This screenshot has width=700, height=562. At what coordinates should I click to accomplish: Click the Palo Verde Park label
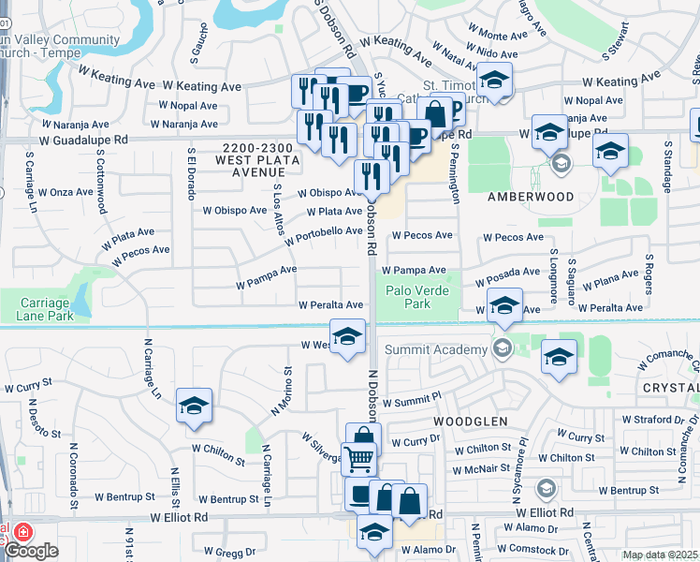[x=417, y=297]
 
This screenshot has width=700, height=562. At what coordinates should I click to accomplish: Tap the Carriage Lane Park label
[x=44, y=309]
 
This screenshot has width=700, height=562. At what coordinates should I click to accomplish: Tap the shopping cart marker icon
[x=358, y=459]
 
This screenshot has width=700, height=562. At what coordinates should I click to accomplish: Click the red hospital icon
[x=21, y=531]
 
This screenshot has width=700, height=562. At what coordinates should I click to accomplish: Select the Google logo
[x=31, y=551]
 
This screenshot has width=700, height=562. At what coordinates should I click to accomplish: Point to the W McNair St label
[x=484, y=471]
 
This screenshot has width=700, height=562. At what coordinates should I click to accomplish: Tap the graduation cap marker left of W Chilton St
[x=194, y=407]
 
